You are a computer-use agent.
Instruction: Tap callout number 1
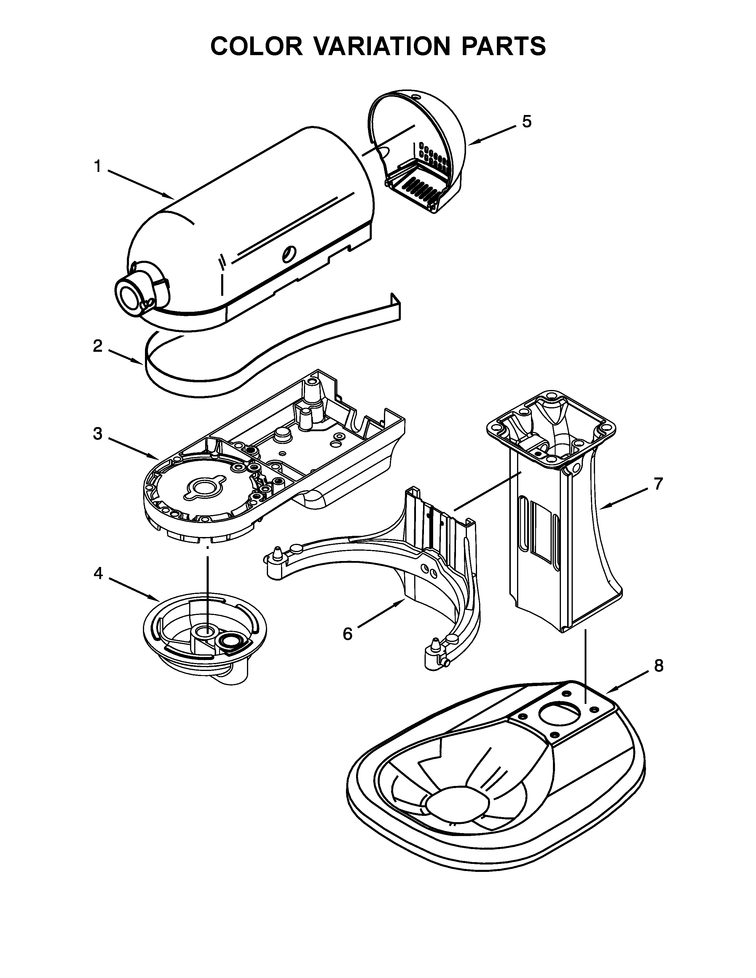pos(97,167)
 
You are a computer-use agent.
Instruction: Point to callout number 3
pos(97,434)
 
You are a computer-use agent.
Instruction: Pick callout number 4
pos(98,573)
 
